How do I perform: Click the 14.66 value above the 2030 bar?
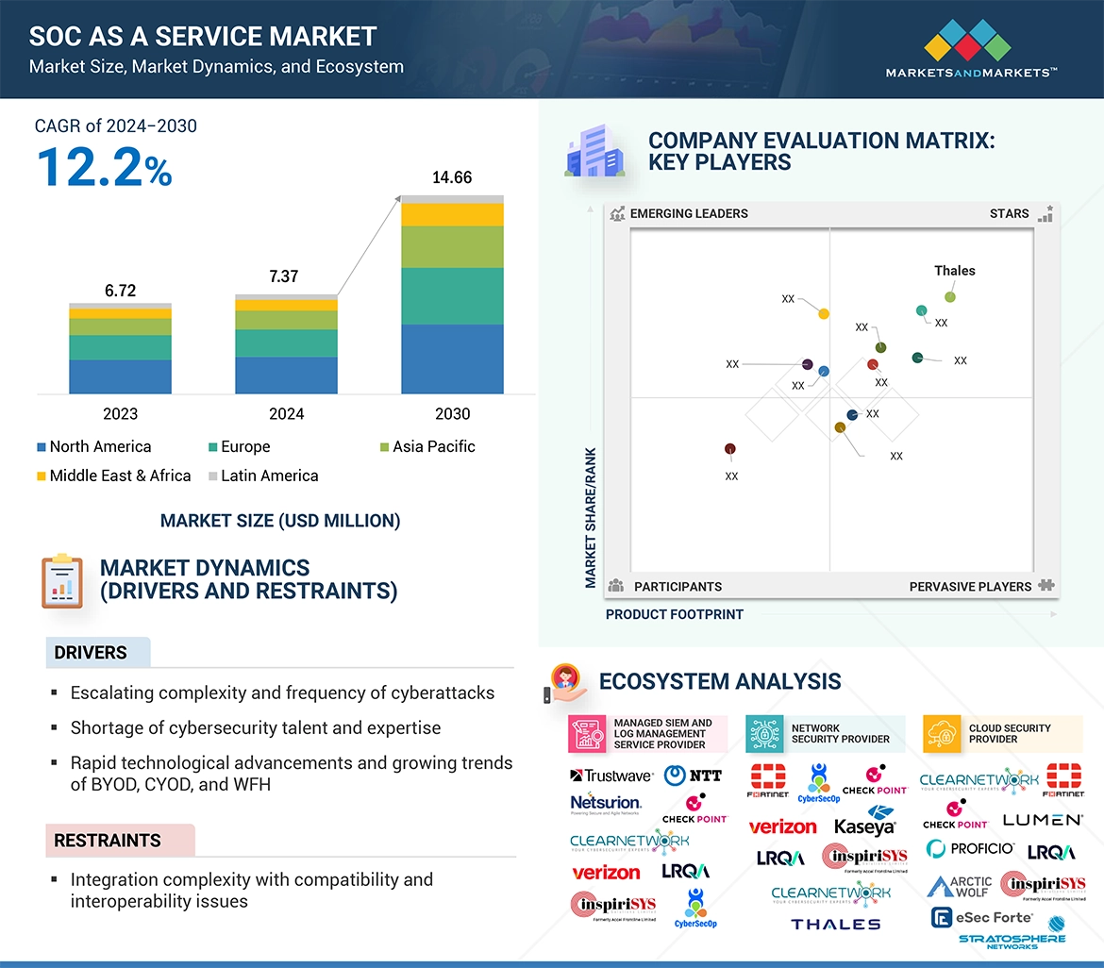click(x=452, y=177)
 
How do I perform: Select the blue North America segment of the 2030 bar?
click(x=452, y=359)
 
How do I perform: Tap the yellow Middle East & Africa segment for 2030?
click(x=452, y=214)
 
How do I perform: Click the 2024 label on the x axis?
click(x=286, y=413)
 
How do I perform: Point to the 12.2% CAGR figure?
click(x=104, y=167)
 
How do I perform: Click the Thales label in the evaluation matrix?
click(x=954, y=271)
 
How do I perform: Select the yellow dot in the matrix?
click(x=824, y=313)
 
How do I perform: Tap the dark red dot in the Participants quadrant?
click(x=729, y=449)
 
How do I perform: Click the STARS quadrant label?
click(x=1009, y=213)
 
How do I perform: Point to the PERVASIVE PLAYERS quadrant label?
click(x=970, y=586)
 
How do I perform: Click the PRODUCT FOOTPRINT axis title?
click(x=674, y=614)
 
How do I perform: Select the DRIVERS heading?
click(x=91, y=652)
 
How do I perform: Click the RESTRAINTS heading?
click(x=108, y=840)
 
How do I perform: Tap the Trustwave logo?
click(x=611, y=776)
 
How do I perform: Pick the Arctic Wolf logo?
click(x=960, y=886)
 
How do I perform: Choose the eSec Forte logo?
click(x=981, y=917)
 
